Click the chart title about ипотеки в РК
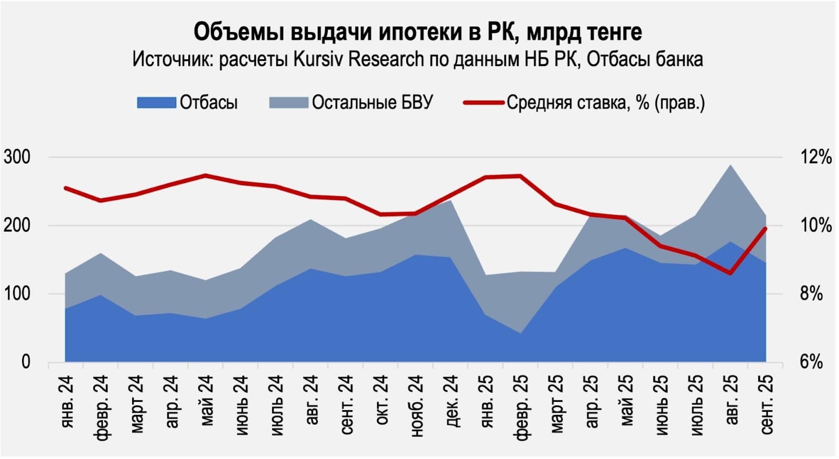[417, 31]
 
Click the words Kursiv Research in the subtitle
[358, 59]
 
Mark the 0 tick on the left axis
[26, 362]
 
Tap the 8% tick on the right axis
[811, 294]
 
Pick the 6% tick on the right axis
[811, 362]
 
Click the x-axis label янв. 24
[67, 401]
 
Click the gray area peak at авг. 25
[730, 166]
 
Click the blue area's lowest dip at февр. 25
[521, 333]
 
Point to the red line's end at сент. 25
[766, 229]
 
